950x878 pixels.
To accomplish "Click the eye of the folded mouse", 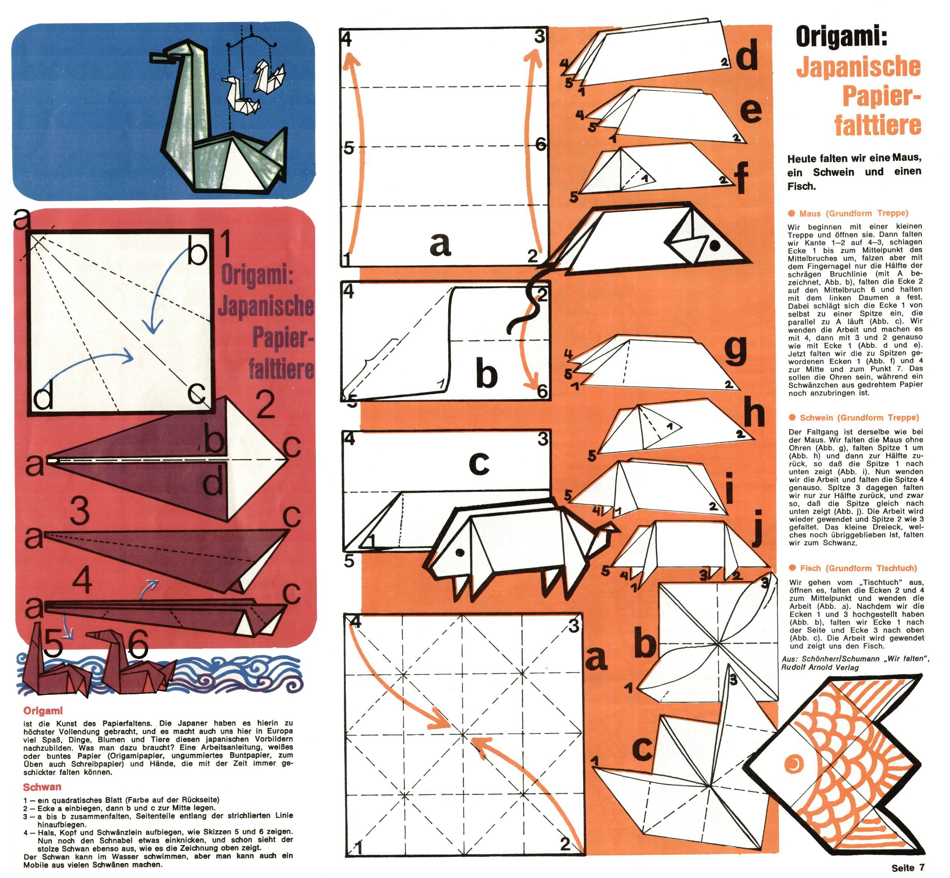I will pos(714,245).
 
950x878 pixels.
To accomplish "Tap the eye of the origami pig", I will pos(460,552).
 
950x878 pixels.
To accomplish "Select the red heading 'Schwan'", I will pos(42,787).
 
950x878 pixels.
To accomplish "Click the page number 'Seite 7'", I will pos(908,868).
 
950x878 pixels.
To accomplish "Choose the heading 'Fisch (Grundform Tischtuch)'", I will pos(858,568).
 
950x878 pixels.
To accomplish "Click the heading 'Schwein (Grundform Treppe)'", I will pos(859,418).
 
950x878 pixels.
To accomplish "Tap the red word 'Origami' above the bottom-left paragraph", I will pos(43,711).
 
